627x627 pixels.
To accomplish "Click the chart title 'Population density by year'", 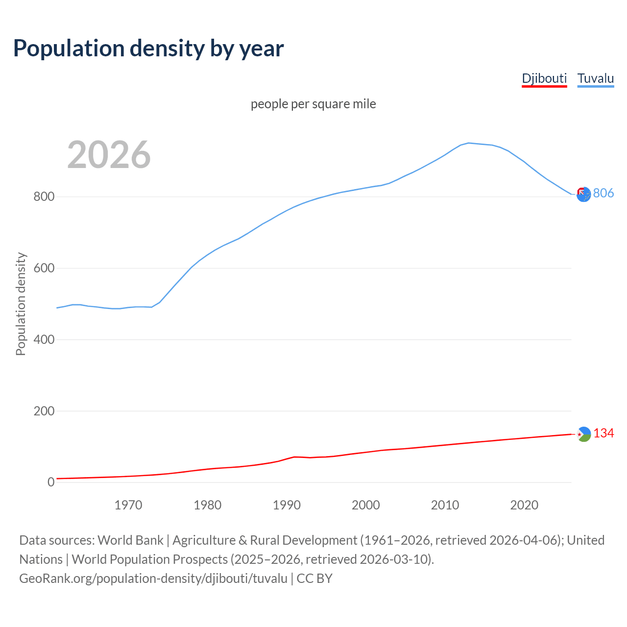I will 148,48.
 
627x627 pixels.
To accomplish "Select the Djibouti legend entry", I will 544,78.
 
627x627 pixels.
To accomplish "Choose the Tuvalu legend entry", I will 596,78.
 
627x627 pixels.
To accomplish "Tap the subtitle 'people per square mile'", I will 313,104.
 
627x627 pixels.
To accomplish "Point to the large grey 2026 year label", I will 109,155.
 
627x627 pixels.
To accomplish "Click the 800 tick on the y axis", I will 44,197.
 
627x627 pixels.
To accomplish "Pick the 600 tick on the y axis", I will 44,268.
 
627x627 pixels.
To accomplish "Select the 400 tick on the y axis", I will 44,339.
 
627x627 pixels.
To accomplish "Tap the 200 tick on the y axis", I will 44,411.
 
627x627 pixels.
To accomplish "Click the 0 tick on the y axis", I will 51,482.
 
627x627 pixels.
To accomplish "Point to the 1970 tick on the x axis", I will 128,505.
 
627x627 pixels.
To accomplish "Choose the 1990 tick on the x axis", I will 287,505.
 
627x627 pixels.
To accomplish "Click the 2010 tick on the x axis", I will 445,505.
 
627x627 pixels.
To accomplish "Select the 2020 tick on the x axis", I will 524,505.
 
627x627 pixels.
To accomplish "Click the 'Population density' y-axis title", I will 21,304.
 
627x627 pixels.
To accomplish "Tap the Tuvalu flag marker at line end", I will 583,194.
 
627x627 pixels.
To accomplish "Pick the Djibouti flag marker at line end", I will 584,434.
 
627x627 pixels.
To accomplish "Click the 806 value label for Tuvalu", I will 603,193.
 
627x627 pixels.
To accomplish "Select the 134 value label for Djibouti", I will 603,433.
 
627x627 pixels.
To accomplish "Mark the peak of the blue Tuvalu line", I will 469,143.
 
